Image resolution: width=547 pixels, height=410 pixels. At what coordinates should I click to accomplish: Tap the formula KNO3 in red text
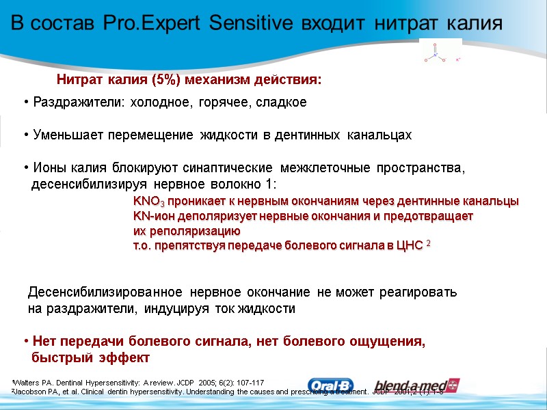[x=148, y=202]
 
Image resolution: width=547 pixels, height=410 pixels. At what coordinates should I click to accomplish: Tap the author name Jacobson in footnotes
[x=31, y=392]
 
